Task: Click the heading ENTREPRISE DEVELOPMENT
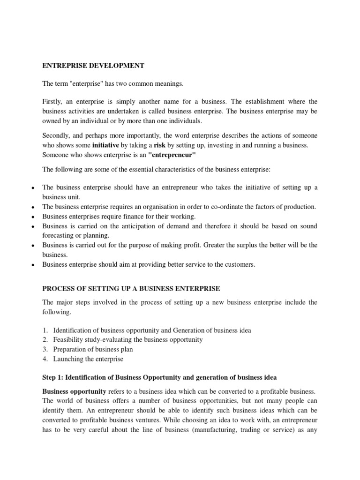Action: click(93, 66)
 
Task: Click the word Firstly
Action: click(54, 102)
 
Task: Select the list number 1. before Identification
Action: click(45, 330)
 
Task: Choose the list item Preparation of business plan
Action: click(93, 349)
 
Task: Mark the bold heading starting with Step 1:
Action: click(159, 377)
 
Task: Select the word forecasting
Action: click(59, 236)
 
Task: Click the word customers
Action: click(240, 264)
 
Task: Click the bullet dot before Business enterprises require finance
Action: click(32, 217)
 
